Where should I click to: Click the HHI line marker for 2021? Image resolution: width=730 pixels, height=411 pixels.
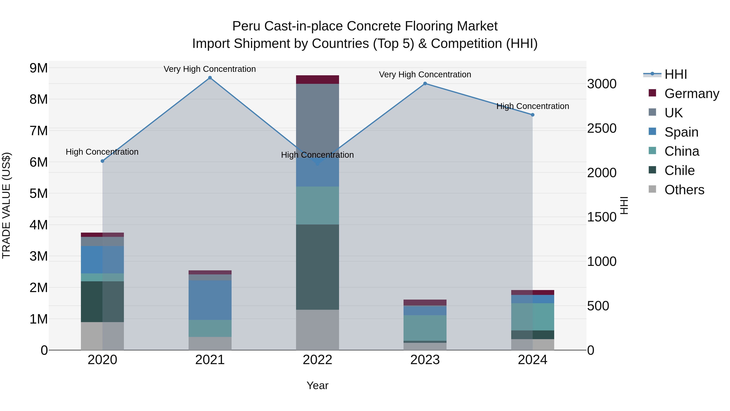pos(210,78)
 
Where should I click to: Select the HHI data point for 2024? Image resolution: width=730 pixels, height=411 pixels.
pos(532,115)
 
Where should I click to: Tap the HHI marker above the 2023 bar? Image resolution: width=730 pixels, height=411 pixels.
pos(425,83)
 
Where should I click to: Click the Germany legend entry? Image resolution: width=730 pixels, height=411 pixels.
pos(691,94)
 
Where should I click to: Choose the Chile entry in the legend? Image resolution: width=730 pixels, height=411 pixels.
pos(679,171)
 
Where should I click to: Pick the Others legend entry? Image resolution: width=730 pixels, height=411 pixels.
pos(684,190)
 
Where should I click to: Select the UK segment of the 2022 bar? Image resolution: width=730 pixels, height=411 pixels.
pos(317,119)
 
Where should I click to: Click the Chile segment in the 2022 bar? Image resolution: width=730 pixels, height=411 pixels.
pos(317,267)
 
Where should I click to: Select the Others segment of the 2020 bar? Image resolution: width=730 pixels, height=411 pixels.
pos(102,336)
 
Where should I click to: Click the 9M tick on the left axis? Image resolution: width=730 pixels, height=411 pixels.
pos(39,68)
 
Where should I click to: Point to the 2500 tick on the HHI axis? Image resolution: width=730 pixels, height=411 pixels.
pos(602,128)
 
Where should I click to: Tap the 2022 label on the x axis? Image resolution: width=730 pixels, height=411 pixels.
pos(317,360)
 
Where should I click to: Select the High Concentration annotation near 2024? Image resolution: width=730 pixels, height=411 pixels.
pos(532,106)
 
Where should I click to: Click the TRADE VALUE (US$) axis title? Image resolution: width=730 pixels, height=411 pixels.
pos(6,205)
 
